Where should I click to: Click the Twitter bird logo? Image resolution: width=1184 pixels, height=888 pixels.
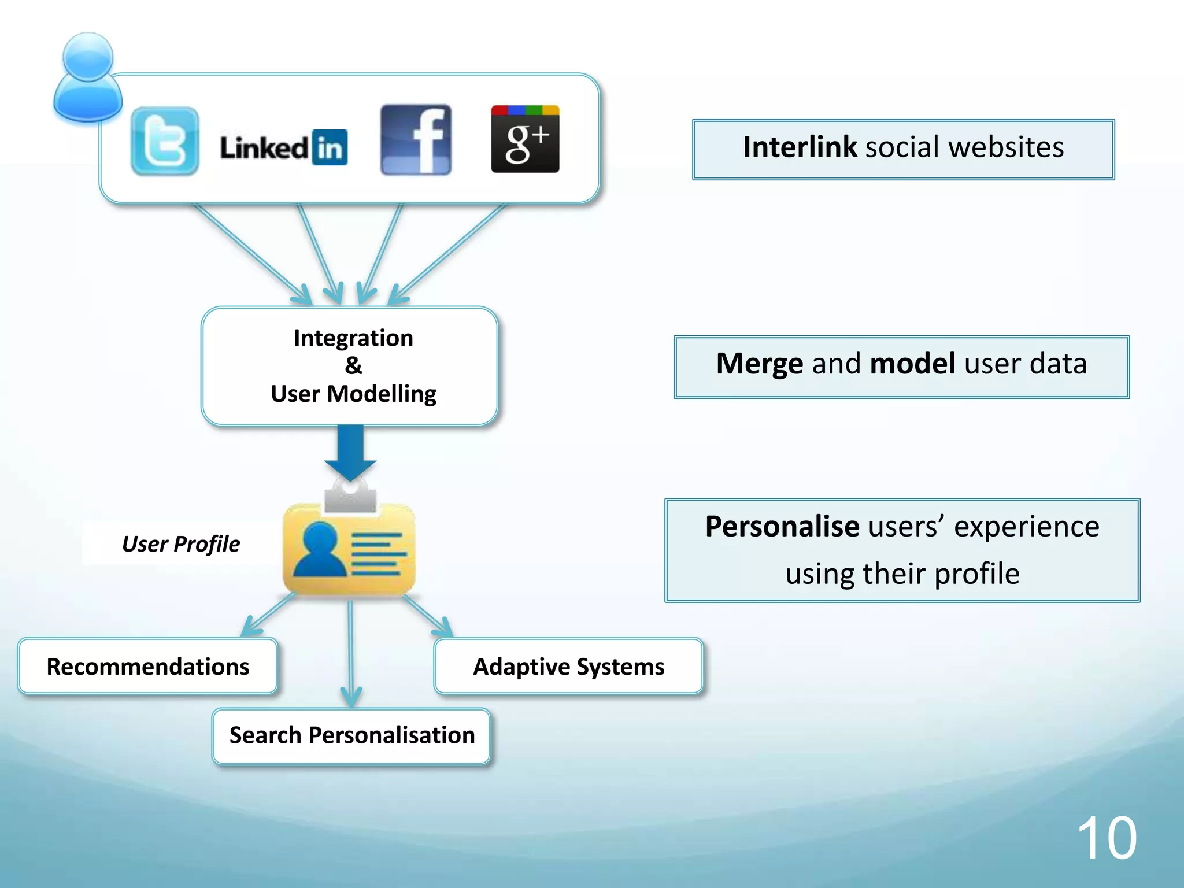[165, 140]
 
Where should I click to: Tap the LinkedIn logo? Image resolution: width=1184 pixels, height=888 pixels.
[283, 147]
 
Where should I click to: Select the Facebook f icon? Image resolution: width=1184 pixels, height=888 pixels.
[416, 139]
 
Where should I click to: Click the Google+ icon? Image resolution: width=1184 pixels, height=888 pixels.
[525, 139]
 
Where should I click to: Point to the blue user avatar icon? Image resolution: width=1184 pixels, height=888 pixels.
[88, 78]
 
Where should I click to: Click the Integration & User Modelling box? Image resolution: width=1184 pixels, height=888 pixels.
[350, 366]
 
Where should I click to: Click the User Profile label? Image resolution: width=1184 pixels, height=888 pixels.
[180, 544]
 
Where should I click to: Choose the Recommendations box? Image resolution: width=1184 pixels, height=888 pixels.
[148, 667]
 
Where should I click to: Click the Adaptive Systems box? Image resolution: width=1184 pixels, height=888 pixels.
[568, 667]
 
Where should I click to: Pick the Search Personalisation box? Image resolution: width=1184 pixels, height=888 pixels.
[351, 735]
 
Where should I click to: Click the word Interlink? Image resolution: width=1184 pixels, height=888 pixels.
[800, 147]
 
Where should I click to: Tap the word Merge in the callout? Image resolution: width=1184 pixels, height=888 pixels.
[759, 364]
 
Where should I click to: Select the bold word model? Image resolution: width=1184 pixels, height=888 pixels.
[912, 364]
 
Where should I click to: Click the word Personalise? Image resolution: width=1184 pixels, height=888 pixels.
[782, 527]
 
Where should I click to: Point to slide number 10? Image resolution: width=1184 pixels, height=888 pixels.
[1107, 838]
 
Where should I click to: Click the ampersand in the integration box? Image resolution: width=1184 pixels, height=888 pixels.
[353, 365]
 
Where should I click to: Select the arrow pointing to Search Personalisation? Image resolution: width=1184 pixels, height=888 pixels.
[350, 653]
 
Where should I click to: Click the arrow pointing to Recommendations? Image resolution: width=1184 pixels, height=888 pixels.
[268, 615]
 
